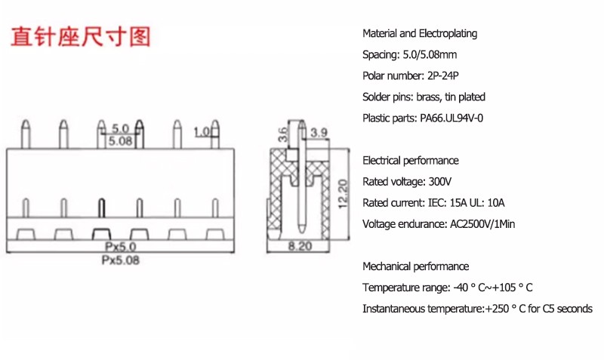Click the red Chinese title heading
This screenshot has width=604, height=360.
click(80, 37)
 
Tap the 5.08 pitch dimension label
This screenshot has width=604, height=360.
click(120, 141)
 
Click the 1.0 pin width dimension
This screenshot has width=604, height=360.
click(202, 132)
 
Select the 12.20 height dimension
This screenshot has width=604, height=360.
click(343, 195)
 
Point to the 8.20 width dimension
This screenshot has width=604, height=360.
click(300, 246)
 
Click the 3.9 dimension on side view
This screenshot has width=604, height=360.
click(319, 133)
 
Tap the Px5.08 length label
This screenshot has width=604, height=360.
click(120, 260)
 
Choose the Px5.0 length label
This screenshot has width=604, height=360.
click(120, 247)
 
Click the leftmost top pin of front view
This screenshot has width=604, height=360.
click(26, 134)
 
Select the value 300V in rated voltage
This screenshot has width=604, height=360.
click(440, 182)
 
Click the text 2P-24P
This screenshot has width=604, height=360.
click(443, 76)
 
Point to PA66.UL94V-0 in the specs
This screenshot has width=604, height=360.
click(451, 118)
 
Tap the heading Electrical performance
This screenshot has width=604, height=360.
click(411, 161)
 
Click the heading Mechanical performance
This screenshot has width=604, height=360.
click(416, 266)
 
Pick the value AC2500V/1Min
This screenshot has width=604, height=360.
click(482, 224)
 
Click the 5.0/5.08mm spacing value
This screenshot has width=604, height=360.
click(430, 54)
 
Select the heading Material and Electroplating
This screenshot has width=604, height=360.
click(420, 33)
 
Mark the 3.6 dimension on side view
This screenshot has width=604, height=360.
click(282, 135)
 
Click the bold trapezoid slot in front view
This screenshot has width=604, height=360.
click(101, 234)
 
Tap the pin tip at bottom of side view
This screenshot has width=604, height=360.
click(303, 232)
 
